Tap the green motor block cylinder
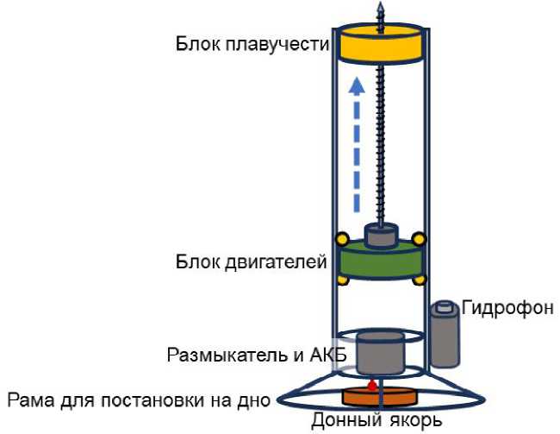point(379,261)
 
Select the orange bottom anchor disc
point(378,398)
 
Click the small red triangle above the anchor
point(372,380)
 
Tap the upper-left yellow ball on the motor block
point(341,239)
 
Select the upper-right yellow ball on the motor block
point(419,239)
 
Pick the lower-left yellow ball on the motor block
point(341,280)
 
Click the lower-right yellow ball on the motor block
point(420,280)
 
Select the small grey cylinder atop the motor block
point(379,234)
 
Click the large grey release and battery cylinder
point(379,349)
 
